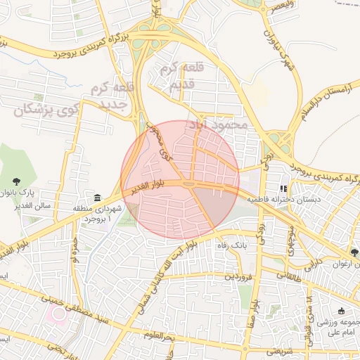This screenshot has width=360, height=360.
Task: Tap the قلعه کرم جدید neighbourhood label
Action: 108,98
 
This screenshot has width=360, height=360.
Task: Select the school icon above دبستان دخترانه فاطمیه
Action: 283,188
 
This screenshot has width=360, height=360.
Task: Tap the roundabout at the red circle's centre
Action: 188,184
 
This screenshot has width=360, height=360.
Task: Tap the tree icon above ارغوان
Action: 356,253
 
